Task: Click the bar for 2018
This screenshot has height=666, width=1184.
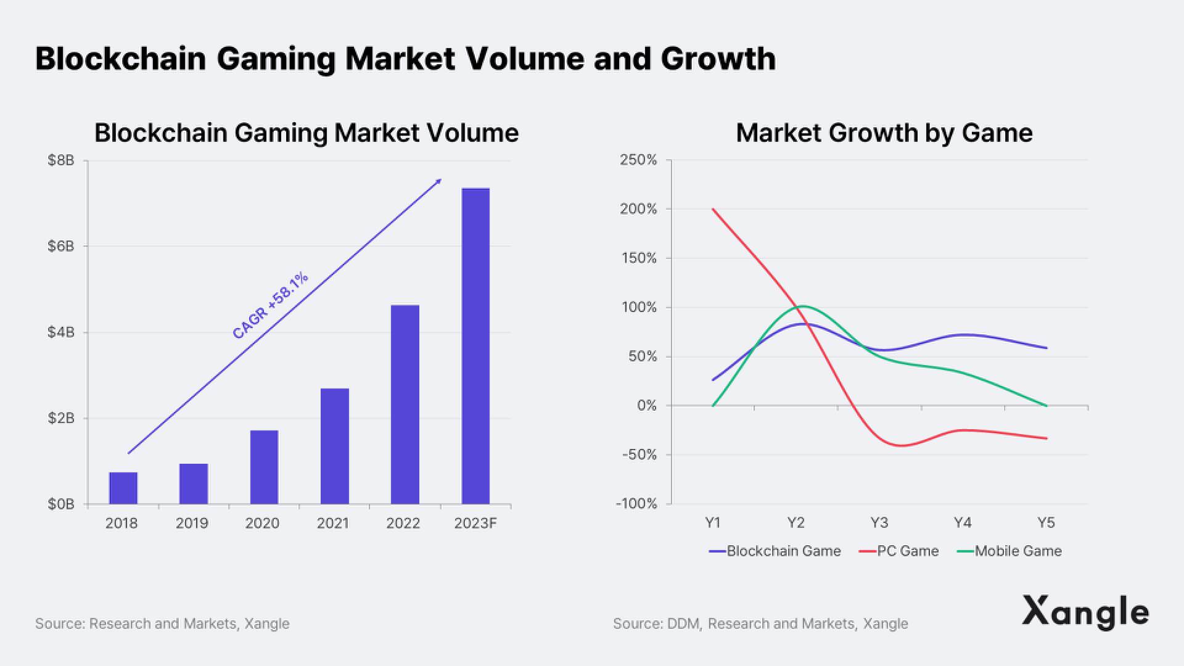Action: pyautogui.click(x=123, y=488)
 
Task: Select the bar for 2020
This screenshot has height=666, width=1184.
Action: pyautogui.click(x=264, y=467)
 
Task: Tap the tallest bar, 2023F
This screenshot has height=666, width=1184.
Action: pyautogui.click(x=475, y=346)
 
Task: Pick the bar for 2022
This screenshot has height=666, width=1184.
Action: pyautogui.click(x=405, y=404)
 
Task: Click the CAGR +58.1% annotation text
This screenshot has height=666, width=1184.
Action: pyautogui.click(x=270, y=306)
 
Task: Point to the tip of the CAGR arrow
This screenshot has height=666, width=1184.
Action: pyautogui.click(x=441, y=179)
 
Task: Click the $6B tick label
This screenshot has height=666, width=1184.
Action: pyautogui.click(x=60, y=247)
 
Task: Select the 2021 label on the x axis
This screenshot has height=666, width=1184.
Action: pyautogui.click(x=333, y=524)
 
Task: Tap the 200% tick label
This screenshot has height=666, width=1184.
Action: pyautogui.click(x=638, y=209)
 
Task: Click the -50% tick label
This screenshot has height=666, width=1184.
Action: pyautogui.click(x=639, y=455)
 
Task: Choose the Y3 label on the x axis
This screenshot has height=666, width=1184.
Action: pyautogui.click(x=879, y=523)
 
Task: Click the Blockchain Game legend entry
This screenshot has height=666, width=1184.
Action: pyautogui.click(x=775, y=551)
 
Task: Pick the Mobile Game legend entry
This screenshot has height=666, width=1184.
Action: pyautogui.click(x=1009, y=551)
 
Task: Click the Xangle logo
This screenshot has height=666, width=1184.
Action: pyautogui.click(x=1085, y=612)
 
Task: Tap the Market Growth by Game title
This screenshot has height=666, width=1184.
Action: pyautogui.click(x=884, y=133)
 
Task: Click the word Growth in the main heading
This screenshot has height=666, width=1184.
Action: pyautogui.click(x=718, y=59)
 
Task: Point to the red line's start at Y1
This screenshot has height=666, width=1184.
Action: pyautogui.click(x=713, y=209)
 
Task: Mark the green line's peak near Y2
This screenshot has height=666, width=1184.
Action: pyautogui.click(x=802, y=306)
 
